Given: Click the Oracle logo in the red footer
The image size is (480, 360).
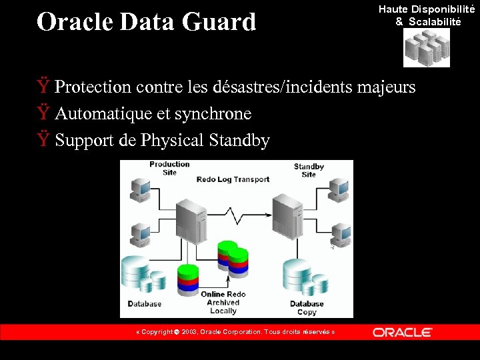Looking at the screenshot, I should pyautogui.click(x=402, y=332).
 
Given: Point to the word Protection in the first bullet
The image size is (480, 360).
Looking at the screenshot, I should pyautogui.click(x=93, y=87).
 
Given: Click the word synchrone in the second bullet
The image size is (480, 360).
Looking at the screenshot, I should pyautogui.click(x=213, y=114).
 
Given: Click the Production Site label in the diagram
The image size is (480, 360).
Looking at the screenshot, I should pyautogui.click(x=169, y=168).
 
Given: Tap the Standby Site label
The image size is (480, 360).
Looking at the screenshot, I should pyautogui.click(x=309, y=170).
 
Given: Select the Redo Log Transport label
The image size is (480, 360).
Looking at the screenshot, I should pyautogui.click(x=233, y=179).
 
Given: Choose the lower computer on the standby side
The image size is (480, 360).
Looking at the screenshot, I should pyautogui.click(x=341, y=234).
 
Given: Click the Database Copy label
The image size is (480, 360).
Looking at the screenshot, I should pyautogui.click(x=307, y=308).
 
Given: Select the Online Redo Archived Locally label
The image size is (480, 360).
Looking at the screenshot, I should pyautogui.click(x=223, y=303).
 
